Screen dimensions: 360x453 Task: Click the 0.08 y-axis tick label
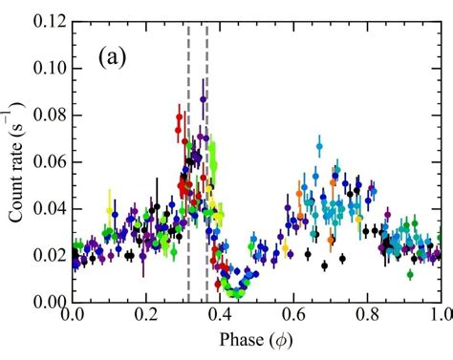tap(45, 115)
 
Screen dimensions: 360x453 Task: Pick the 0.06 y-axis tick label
tap(45, 161)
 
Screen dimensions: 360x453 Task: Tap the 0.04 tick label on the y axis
tap(45, 208)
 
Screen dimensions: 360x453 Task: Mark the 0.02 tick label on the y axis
tap(45, 255)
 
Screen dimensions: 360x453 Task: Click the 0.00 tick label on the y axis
tap(45, 302)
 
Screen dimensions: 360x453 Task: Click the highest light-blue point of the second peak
tap(319, 147)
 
